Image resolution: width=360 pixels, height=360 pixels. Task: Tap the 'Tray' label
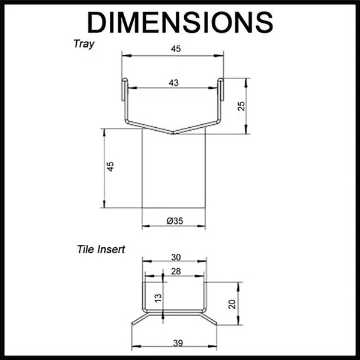tap(84, 44)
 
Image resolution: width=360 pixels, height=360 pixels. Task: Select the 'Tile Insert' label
tap(101, 249)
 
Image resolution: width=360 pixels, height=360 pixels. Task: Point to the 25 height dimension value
tap(241, 106)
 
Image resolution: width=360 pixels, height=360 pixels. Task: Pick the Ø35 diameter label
tap(174, 221)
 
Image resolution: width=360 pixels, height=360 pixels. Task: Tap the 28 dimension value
tap(175, 272)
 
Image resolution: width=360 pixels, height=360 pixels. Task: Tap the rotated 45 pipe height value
tap(110, 167)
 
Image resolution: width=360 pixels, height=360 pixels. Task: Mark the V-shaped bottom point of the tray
tap(173, 133)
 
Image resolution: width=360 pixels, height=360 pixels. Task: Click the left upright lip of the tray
tap(124, 90)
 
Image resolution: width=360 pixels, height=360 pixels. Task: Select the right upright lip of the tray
tap(221, 90)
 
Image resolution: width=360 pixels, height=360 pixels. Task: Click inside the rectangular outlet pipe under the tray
tap(173, 174)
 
